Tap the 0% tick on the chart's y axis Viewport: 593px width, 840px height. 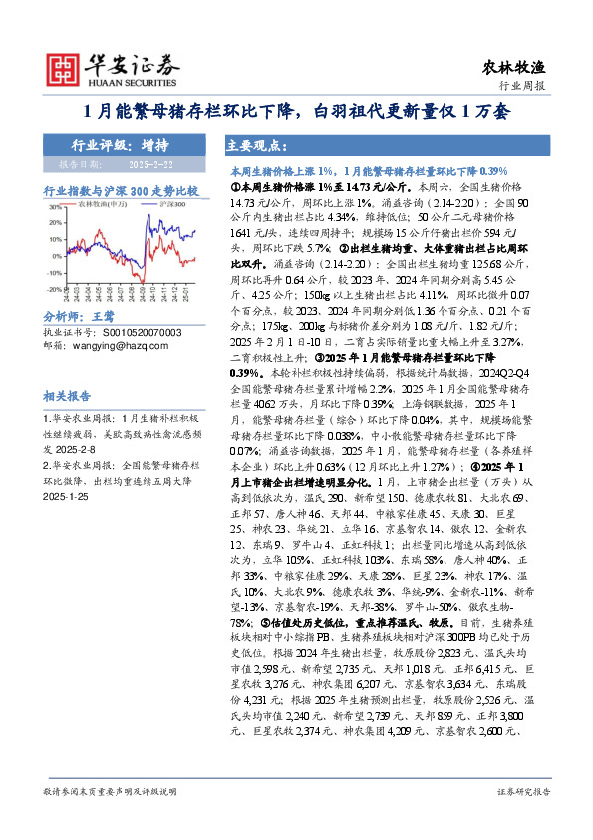(50, 256)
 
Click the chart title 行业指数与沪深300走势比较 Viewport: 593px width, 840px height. (120, 190)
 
